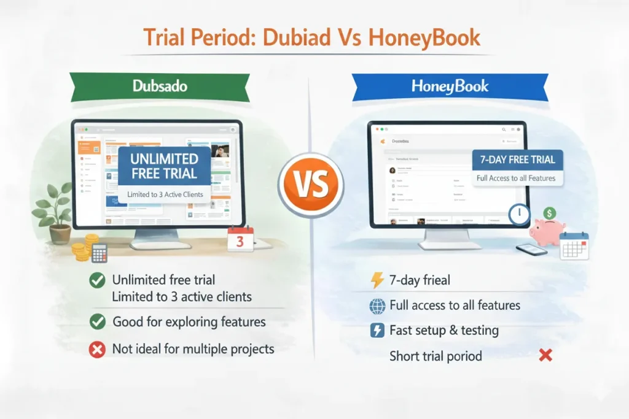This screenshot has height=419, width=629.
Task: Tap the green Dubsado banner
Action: [x=160, y=86]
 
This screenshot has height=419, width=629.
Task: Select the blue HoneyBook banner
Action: [x=450, y=86]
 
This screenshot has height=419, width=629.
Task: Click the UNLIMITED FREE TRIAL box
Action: [x=165, y=166]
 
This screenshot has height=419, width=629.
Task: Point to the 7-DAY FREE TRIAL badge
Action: [x=517, y=160]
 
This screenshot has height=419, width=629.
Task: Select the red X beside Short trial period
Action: [x=545, y=355]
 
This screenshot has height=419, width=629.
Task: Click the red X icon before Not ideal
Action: [x=96, y=350]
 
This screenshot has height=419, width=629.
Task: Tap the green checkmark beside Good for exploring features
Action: [x=96, y=321]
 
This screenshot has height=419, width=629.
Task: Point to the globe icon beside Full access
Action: [x=377, y=306]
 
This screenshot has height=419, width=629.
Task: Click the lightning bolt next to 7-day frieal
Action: [x=377, y=280]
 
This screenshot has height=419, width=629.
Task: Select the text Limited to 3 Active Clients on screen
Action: [x=165, y=194]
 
